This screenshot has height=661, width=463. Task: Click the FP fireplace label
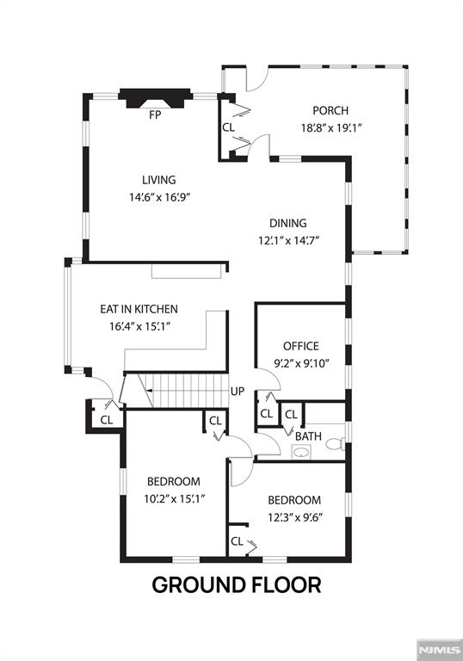pos(156,114)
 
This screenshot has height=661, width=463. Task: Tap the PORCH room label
pos(330,110)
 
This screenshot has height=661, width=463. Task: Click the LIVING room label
pos(159,180)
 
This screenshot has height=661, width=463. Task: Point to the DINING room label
pos(287,223)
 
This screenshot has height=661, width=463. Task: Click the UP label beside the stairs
pos(238,392)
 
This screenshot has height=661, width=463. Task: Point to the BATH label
pos(308,436)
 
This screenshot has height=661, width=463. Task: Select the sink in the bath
pos(301,453)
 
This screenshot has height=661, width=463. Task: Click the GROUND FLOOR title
pos(237,586)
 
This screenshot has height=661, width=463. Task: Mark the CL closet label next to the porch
pos(228,127)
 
